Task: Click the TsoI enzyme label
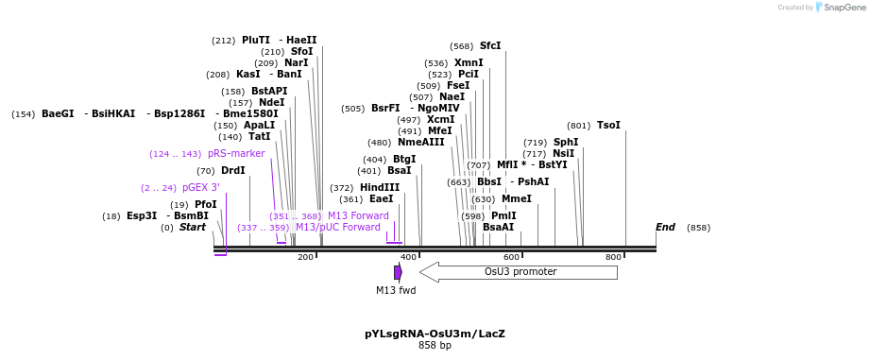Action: point(608,126)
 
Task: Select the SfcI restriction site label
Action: point(490,45)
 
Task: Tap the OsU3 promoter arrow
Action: point(519,272)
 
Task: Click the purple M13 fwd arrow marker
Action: point(398,272)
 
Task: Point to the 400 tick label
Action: point(408,257)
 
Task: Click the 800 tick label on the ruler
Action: point(613,257)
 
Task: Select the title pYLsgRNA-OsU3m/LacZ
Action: point(435,334)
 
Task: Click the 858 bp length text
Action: point(435,346)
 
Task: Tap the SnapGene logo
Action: point(822,8)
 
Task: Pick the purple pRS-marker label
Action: point(236,154)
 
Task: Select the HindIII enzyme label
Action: point(380,188)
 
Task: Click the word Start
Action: point(193,228)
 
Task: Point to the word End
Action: point(665,228)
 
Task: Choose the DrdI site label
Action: point(233,171)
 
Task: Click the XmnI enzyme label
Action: point(469,63)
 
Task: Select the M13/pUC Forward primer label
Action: point(338,228)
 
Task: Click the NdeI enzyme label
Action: point(271,103)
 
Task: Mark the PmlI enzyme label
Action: point(503,216)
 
